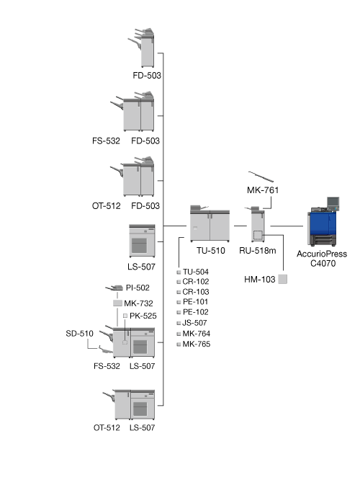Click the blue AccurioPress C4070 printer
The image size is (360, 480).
click(x=323, y=222)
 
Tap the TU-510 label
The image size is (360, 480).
click(x=211, y=251)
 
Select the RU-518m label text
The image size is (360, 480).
click(x=258, y=251)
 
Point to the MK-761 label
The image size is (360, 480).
click(x=263, y=190)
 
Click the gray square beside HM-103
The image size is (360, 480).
click(x=283, y=279)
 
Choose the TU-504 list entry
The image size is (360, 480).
click(x=196, y=272)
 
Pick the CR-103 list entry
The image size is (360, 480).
click(x=196, y=292)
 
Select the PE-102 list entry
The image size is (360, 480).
click(x=196, y=312)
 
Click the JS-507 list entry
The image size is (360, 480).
click(x=194, y=323)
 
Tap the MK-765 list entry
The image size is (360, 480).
click(x=197, y=344)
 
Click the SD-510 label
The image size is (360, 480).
click(x=79, y=334)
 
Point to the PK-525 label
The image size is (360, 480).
click(x=143, y=316)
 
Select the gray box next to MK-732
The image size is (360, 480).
click(x=118, y=303)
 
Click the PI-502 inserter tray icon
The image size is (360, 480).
click(x=114, y=288)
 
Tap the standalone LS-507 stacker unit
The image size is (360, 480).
click(x=142, y=241)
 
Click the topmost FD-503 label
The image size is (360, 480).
click(x=147, y=75)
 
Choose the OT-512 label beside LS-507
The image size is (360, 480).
click(x=107, y=427)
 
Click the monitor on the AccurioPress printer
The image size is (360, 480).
click(x=333, y=202)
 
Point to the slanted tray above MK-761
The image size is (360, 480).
click(x=261, y=177)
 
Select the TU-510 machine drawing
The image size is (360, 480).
click(x=210, y=223)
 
